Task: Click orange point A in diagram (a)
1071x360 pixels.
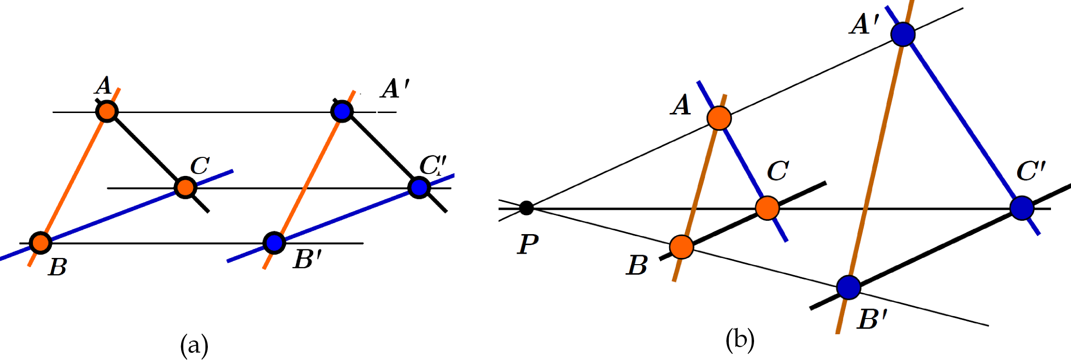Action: [107, 112]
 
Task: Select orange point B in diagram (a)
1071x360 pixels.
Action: [41, 243]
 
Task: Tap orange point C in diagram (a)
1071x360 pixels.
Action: [185, 187]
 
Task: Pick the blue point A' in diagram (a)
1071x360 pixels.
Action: [342, 112]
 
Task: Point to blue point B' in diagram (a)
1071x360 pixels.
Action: [274, 243]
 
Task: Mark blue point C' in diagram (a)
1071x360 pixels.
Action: [419, 187]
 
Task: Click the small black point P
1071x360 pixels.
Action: [526, 208]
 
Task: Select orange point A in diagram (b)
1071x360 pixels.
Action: [719, 118]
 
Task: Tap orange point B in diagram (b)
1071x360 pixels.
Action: [681, 247]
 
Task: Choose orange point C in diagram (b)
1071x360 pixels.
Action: [767, 208]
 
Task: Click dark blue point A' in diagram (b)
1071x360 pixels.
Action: [903, 34]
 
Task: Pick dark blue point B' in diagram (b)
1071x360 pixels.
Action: [848, 287]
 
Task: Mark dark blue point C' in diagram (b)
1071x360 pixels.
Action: [1021, 208]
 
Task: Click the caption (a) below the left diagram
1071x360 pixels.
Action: [194, 344]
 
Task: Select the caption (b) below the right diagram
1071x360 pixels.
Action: [740, 339]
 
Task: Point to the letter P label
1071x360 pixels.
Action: [528, 245]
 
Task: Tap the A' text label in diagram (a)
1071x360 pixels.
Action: [395, 89]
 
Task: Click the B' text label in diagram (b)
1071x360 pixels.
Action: [872, 319]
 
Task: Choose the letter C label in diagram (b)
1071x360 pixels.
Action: [778, 171]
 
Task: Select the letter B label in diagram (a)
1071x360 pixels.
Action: [58, 267]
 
